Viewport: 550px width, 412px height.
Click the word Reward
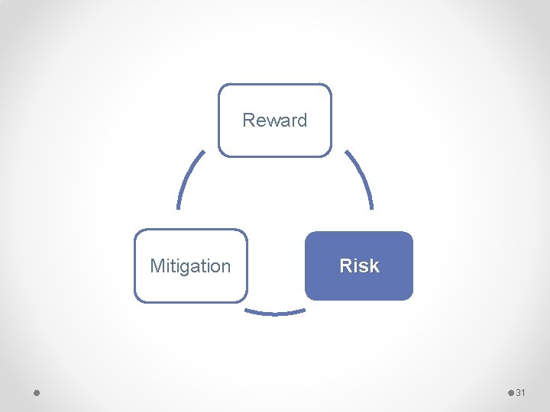[x=274, y=120]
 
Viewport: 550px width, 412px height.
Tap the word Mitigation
[x=190, y=266]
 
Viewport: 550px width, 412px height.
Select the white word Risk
[x=359, y=266]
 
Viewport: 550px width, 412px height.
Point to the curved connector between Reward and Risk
[x=361, y=177]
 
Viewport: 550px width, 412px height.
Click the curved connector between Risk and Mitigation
[x=275, y=312]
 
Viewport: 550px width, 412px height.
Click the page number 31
[x=521, y=392]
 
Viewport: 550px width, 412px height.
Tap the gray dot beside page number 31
[x=511, y=392]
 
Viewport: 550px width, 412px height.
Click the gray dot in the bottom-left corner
[x=37, y=392]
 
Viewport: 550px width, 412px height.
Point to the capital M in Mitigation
[x=157, y=266]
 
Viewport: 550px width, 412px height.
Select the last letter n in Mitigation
[x=225, y=267]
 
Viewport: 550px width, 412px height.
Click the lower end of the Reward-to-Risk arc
[x=371, y=207]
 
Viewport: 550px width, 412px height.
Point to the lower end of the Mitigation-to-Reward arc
[x=179, y=207]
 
